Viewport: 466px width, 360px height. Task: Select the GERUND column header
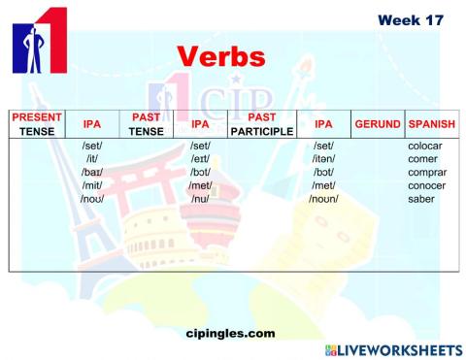(377, 124)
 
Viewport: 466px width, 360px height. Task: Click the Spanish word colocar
(426, 147)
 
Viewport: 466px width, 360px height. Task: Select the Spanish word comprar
(426, 173)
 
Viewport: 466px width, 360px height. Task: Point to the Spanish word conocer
(426, 185)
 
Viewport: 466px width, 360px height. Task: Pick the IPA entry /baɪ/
(93, 173)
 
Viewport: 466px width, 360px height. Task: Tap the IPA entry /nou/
(93, 199)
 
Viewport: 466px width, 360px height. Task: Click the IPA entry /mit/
(93, 185)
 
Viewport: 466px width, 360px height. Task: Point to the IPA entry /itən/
(323, 159)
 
